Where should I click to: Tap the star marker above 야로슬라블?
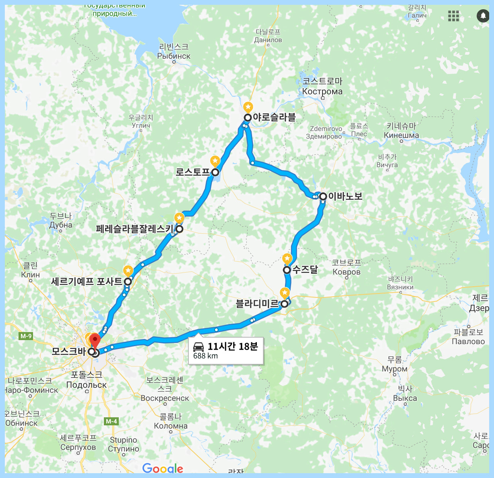(x=248, y=107)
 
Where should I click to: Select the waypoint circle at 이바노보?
(x=323, y=197)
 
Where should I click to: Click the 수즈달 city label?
(x=305, y=269)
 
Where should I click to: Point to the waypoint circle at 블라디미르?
(x=284, y=304)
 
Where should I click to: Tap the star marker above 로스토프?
(x=215, y=161)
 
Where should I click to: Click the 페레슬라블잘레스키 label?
(x=134, y=229)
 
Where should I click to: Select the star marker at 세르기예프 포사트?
(x=128, y=271)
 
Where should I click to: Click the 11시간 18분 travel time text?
(x=233, y=347)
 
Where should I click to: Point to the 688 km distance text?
(x=205, y=356)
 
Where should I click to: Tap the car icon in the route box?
(x=198, y=347)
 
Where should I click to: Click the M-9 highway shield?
(x=26, y=336)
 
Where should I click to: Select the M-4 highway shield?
(x=111, y=421)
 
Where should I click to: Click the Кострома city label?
(x=322, y=91)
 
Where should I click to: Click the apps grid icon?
(x=453, y=16)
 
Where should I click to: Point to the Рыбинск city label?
(x=174, y=56)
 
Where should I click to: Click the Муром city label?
(x=395, y=369)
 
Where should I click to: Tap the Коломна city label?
(x=171, y=426)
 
